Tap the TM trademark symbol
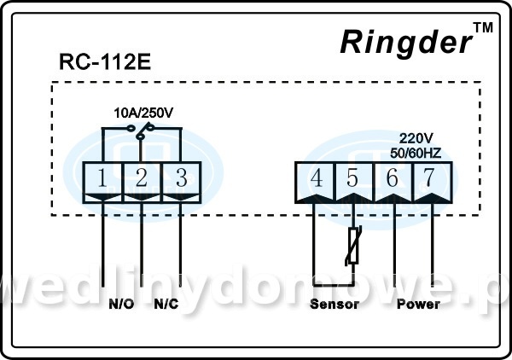pyautogui.click(x=483, y=29)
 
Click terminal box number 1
pyautogui.click(x=102, y=178)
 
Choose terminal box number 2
pyautogui.click(x=142, y=178)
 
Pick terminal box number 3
pyautogui.click(x=181, y=178)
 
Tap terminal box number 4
pyautogui.click(x=314, y=179)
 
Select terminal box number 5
pyautogui.click(x=353, y=179)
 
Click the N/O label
pyautogui.click(x=122, y=304)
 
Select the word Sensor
pyautogui.click(x=334, y=304)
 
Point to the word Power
pyautogui.click(x=418, y=304)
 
